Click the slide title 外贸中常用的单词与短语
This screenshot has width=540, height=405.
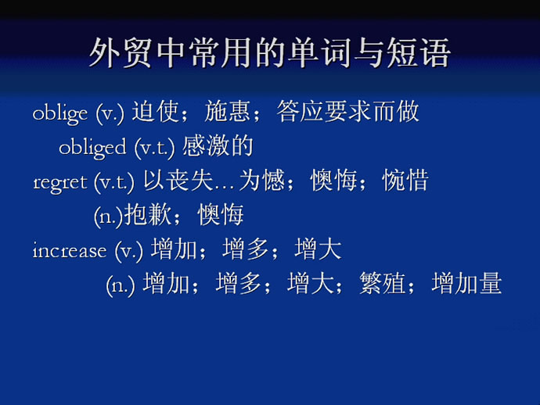(270, 53)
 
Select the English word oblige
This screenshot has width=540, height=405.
(60, 114)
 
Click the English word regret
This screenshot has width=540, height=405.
(60, 182)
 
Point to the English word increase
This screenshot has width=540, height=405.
(70, 250)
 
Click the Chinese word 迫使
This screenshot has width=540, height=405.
(155, 112)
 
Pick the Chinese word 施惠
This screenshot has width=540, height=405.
(227, 112)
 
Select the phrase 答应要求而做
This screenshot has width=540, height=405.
(347, 112)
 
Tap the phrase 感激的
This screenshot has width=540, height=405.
(218, 146)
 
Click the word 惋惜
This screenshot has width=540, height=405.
(405, 180)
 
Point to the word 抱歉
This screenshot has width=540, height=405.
(148, 214)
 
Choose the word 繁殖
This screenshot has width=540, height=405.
(382, 283)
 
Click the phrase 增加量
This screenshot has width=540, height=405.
(466, 283)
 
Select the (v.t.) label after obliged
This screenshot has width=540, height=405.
(155, 149)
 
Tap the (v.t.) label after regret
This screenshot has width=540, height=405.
(114, 182)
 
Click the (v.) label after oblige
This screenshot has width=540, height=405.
(110, 114)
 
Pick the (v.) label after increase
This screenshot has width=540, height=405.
(129, 251)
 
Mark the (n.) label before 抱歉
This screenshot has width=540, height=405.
(109, 217)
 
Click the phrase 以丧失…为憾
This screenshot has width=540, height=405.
(214, 180)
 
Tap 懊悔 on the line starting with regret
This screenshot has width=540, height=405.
(333, 180)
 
